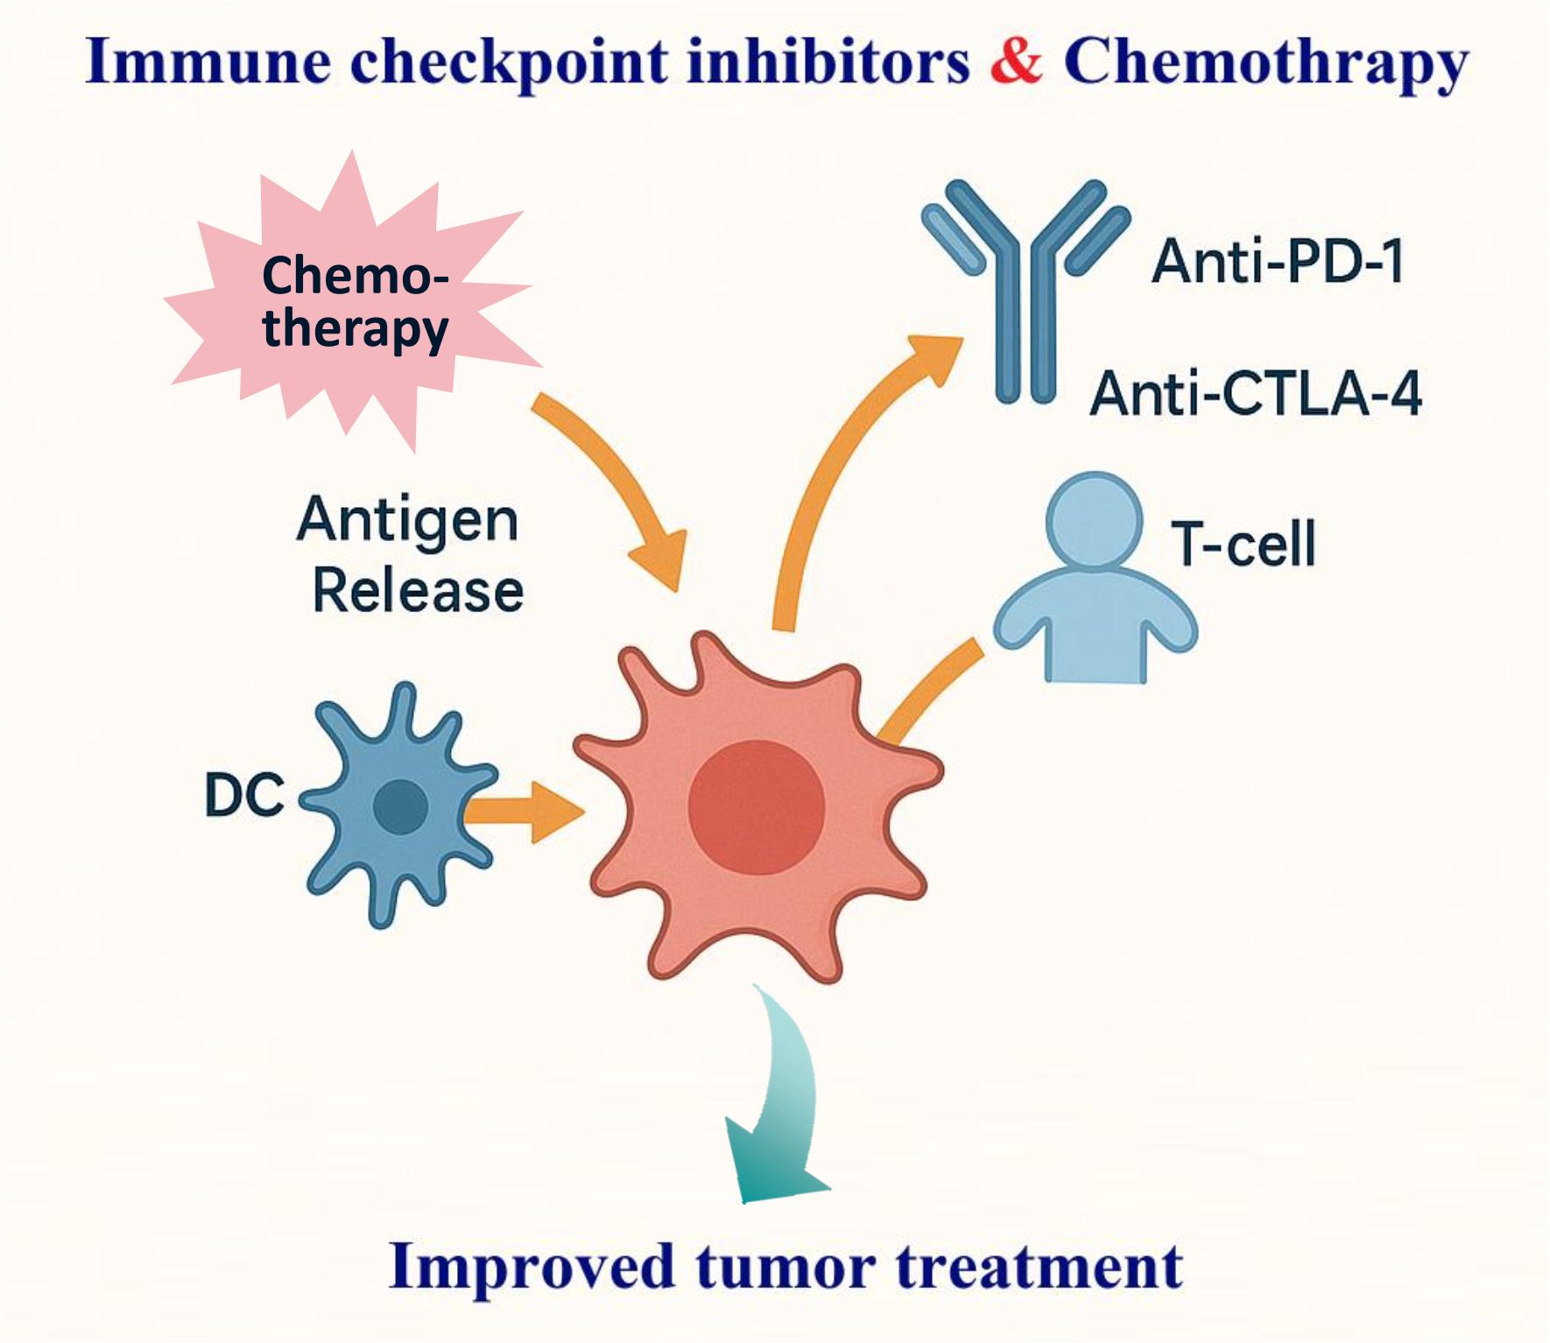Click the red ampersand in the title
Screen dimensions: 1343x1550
(x=1017, y=60)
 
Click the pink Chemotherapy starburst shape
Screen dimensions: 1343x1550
(x=350, y=302)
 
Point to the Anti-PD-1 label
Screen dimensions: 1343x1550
(x=1278, y=261)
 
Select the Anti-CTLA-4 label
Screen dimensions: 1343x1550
(x=1256, y=393)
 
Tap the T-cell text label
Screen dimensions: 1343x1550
(x=1244, y=544)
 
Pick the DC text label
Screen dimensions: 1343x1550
(x=244, y=796)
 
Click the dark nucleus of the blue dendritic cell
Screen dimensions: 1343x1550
(x=400, y=806)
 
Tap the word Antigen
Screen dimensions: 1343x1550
(x=408, y=520)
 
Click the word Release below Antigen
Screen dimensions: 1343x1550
(x=419, y=590)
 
